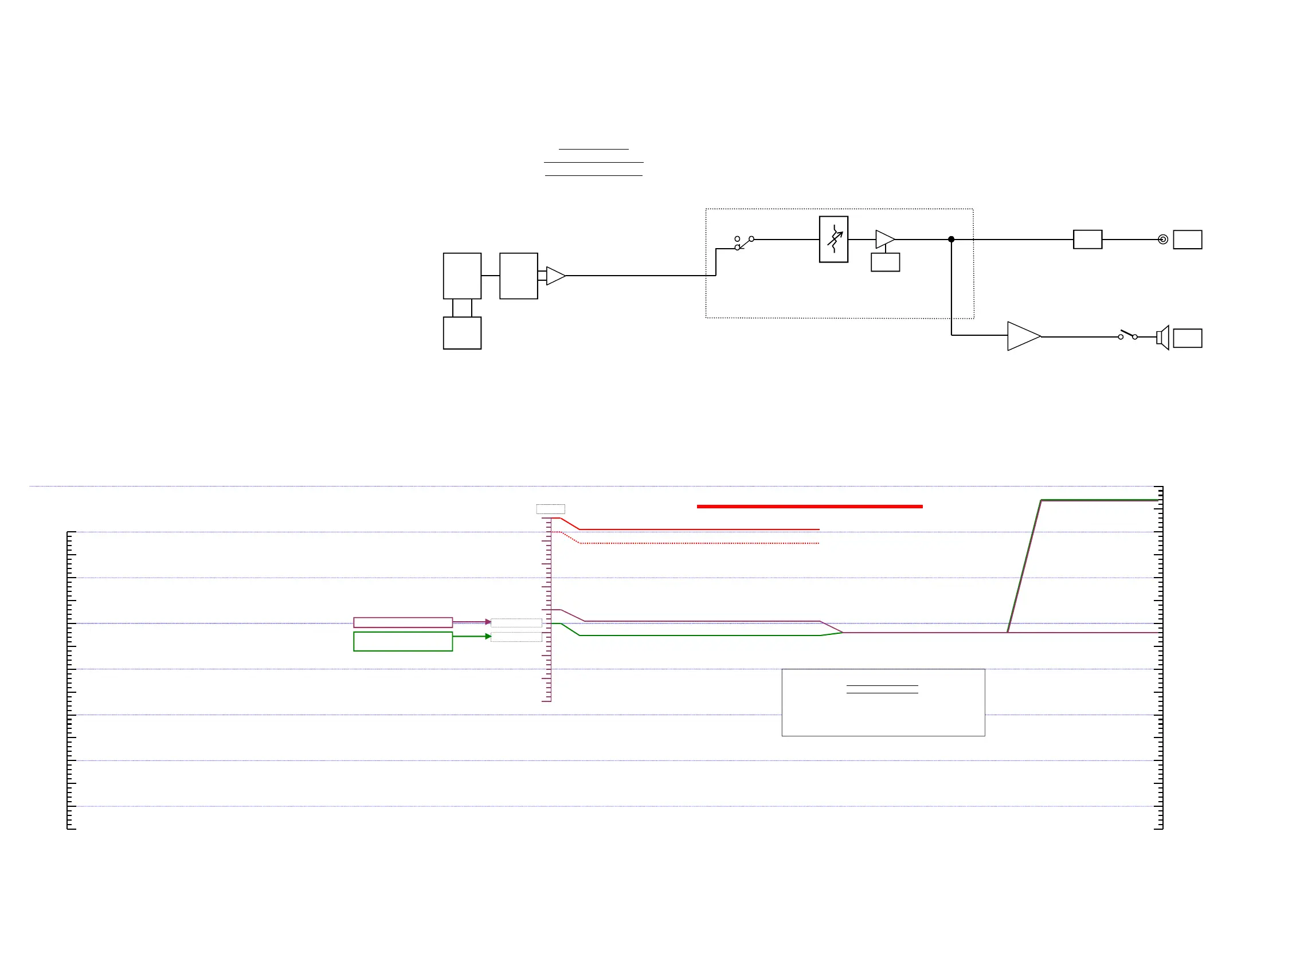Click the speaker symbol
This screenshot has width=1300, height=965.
1162,338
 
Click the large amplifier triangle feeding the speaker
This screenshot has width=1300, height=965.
1023,336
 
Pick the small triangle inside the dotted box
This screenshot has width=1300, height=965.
884,240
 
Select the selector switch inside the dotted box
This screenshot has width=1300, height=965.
744,243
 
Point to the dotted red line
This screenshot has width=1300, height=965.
701,543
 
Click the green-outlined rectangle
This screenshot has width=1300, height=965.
402,641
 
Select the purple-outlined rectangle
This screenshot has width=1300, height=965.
402,623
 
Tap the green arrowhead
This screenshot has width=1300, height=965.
488,637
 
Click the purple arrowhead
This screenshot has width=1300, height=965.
488,622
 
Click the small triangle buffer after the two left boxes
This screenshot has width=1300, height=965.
555,276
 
